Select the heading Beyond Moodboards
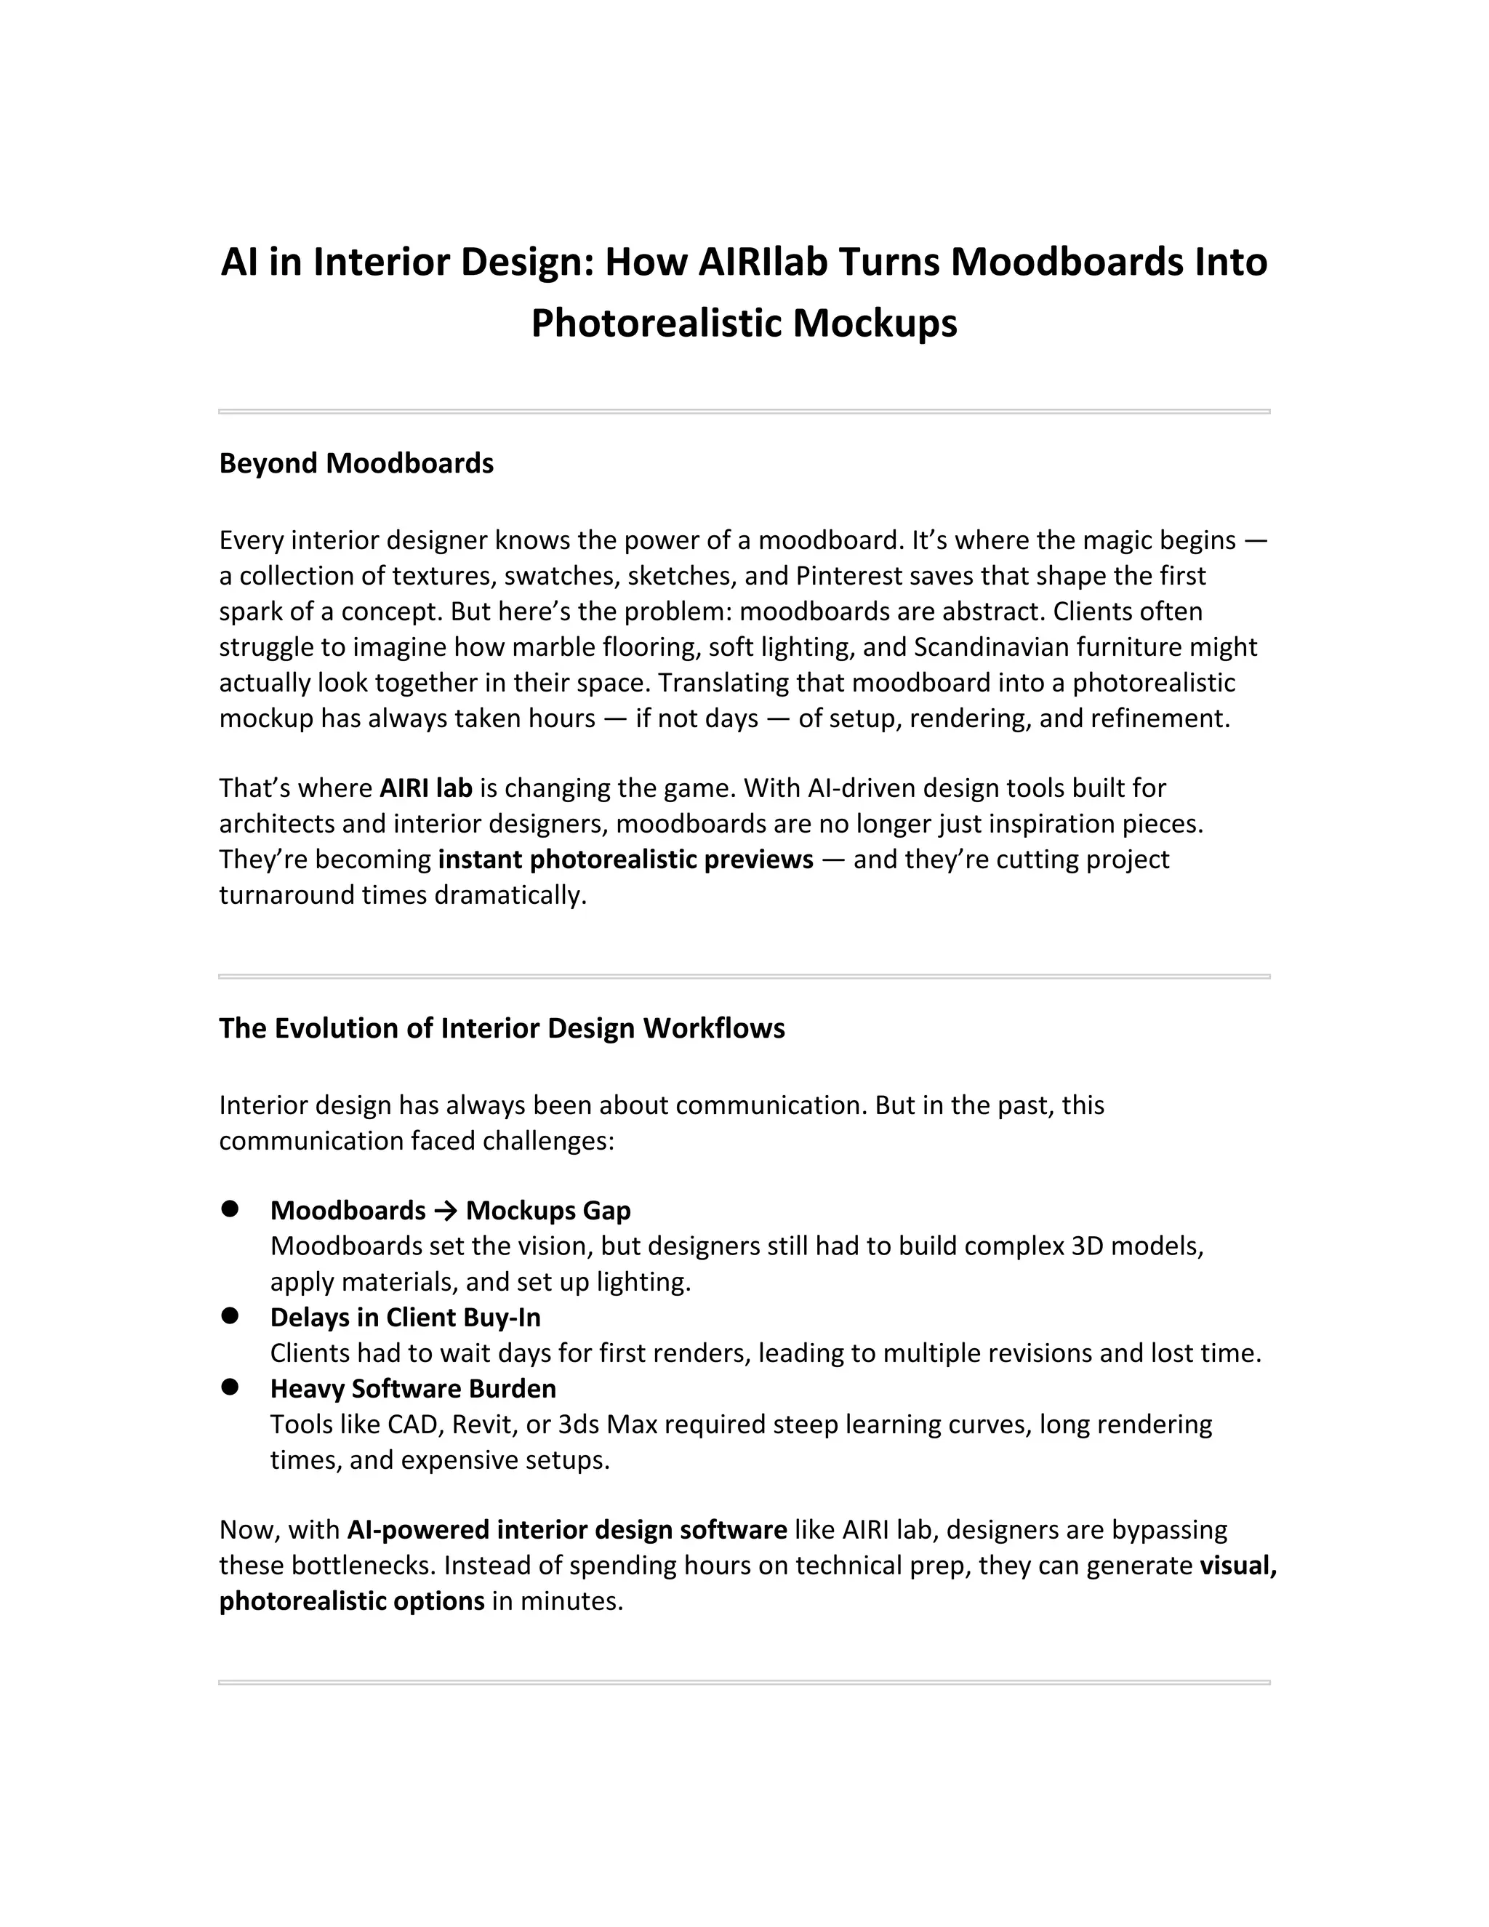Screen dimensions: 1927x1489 (x=356, y=463)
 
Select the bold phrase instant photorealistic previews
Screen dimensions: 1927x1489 (x=625, y=860)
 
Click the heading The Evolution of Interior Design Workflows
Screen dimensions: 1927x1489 (x=501, y=1029)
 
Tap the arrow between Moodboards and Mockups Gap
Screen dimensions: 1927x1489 (x=446, y=1211)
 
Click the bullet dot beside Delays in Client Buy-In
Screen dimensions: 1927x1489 (x=231, y=1315)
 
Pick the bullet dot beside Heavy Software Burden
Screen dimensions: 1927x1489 (x=231, y=1387)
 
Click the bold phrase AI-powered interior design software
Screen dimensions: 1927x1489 (x=567, y=1530)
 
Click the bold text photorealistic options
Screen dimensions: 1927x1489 (x=351, y=1601)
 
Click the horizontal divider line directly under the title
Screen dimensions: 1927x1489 (x=744, y=411)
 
